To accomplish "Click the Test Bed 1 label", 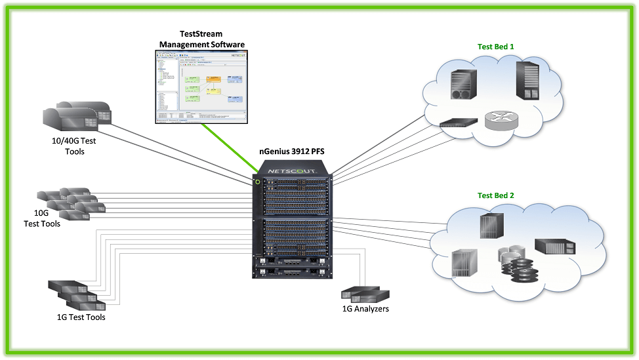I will pos(495,47).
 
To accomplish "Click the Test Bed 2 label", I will pos(495,195).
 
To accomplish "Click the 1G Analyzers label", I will pos(365,308).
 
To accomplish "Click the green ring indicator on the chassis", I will pos(258,182).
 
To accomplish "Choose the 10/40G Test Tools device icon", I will pos(77,115).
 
